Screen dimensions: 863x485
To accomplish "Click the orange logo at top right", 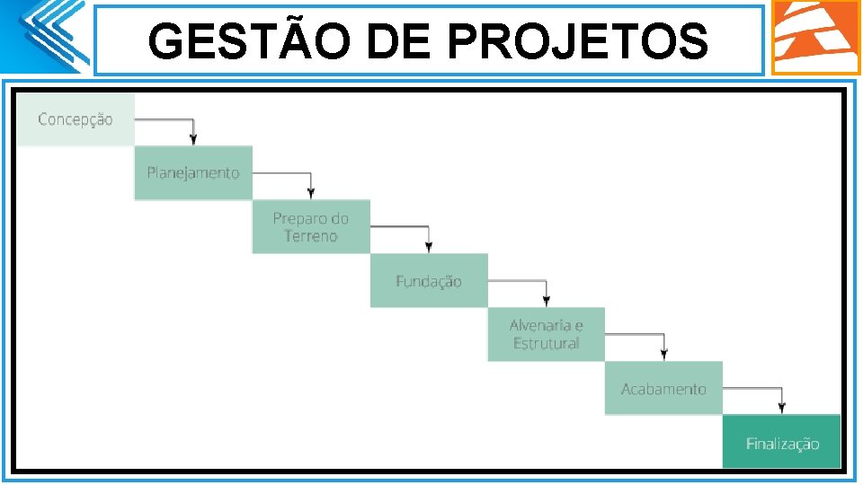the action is [x=815, y=37].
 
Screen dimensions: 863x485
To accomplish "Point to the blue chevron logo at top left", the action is [x=49, y=36].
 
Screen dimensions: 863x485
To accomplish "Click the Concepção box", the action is [x=76, y=119].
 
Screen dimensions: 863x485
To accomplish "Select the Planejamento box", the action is [x=193, y=172].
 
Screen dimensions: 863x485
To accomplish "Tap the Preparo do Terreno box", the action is [x=310, y=226].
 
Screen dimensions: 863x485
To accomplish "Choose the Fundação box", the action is [x=429, y=280].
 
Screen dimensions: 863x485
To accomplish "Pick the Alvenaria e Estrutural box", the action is [x=547, y=334].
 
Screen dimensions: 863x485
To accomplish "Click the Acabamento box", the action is [x=663, y=388].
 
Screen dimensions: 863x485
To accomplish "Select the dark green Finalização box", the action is [x=781, y=442].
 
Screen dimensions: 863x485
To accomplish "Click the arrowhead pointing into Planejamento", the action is [x=193, y=139].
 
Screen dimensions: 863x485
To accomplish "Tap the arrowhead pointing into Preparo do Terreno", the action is [x=311, y=192].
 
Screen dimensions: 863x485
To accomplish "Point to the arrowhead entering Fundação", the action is [x=429, y=246].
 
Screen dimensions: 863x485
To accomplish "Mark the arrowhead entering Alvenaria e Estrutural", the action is [x=547, y=300].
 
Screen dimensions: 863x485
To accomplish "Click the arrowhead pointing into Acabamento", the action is [x=663, y=354].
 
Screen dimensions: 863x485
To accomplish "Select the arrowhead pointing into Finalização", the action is [x=781, y=408].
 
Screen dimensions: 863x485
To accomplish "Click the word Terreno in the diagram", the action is [x=310, y=236].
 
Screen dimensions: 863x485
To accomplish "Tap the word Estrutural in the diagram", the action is [x=546, y=344].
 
